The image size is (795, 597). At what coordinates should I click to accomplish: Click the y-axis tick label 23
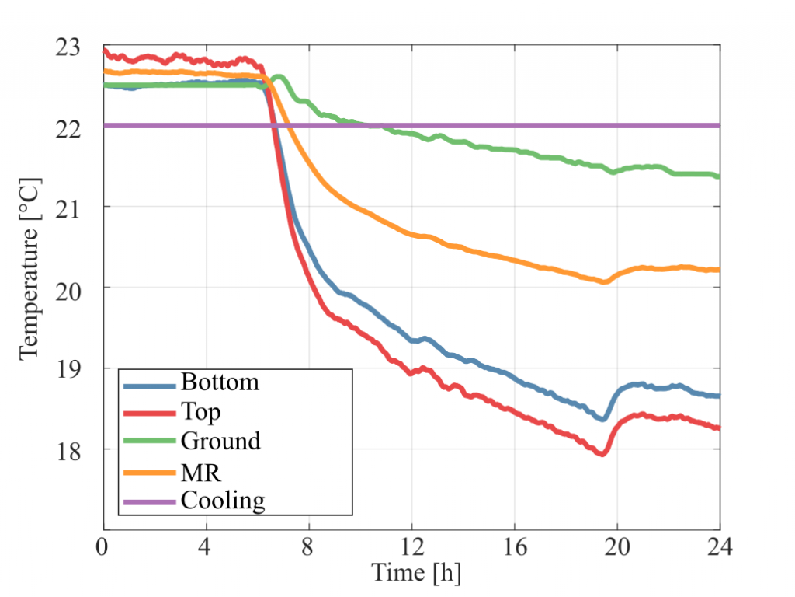pos(68,47)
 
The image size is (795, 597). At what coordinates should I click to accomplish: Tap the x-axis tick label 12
pos(411,546)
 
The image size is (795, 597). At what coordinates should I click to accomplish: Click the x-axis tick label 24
pos(720,546)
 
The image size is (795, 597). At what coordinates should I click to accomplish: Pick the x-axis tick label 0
pos(102,546)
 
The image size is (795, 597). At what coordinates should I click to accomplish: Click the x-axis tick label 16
pos(515,546)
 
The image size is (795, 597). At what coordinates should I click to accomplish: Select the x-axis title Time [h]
pos(416,573)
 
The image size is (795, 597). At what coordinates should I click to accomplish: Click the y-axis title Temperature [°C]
pos(30,269)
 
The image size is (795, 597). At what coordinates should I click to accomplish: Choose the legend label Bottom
pos(220,382)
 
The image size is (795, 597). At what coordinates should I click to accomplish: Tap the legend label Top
pos(201,412)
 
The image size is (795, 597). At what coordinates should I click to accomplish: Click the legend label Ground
pos(220,441)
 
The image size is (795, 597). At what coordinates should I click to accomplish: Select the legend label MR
pos(201,473)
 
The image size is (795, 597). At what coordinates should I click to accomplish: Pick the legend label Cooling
pos(223,501)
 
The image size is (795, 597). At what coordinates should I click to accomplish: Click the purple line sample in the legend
pos(150,502)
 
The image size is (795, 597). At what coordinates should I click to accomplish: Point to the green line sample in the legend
pos(150,441)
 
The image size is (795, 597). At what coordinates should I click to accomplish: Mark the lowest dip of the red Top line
pos(602,454)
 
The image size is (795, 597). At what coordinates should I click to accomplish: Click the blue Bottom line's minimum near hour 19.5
pos(602,419)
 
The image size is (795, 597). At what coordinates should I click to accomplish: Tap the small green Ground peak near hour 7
pos(279,78)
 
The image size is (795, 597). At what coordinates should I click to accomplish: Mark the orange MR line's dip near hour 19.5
pos(604,281)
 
